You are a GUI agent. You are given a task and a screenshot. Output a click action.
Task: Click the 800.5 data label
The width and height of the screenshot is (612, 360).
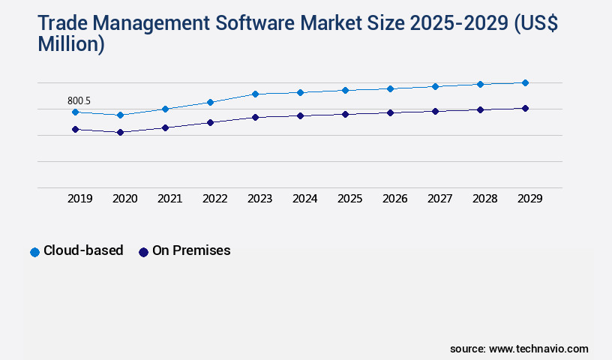click(x=79, y=100)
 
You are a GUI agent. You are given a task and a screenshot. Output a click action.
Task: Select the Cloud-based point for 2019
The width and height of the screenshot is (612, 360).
click(x=75, y=112)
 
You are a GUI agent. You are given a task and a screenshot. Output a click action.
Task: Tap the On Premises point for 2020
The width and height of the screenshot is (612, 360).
click(x=120, y=132)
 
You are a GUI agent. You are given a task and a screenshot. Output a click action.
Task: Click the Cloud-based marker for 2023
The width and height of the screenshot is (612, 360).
click(x=255, y=94)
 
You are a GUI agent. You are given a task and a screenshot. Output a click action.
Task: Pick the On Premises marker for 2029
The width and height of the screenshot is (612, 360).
click(x=525, y=108)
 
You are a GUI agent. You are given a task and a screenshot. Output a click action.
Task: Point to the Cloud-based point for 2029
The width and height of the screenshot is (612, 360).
click(x=525, y=82)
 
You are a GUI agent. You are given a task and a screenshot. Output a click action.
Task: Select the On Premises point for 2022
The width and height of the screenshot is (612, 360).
click(x=210, y=122)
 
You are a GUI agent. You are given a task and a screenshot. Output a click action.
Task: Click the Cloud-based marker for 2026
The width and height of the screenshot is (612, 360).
click(x=390, y=88)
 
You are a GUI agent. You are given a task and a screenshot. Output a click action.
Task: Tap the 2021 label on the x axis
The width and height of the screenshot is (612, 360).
click(x=169, y=199)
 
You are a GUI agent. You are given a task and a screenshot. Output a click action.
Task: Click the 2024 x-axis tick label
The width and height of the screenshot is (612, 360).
click(x=304, y=199)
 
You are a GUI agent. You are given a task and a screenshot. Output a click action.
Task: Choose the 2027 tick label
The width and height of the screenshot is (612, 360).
click(x=439, y=199)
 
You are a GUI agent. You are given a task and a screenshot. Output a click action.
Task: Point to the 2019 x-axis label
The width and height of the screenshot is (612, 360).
click(x=79, y=199)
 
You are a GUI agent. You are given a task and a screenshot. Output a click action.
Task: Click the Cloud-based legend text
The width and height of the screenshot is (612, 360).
click(x=83, y=250)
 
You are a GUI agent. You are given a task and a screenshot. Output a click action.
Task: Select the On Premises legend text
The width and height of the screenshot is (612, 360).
click(x=191, y=250)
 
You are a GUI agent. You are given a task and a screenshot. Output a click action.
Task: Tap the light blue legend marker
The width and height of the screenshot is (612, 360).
click(x=34, y=252)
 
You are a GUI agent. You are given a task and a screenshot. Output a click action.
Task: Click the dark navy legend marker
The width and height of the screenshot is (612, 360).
click(x=143, y=252)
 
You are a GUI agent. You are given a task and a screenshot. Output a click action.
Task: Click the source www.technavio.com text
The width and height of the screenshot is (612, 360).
click(x=519, y=349)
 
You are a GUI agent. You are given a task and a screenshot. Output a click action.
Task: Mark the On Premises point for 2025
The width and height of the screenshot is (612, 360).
click(x=345, y=114)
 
